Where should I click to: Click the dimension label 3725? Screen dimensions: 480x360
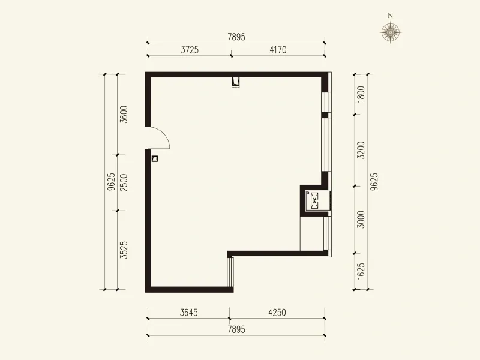coord(190,50)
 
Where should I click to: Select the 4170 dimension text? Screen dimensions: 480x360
coord(278,50)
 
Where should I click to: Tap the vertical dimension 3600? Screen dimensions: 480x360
coord(124,114)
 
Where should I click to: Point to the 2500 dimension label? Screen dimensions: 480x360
coord(124,182)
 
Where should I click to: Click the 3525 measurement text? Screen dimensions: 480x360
coord(124,250)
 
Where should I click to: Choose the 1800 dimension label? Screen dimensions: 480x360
coord(361,94)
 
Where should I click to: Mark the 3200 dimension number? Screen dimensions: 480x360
coord(361,150)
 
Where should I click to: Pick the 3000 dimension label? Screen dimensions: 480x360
coord(361,220)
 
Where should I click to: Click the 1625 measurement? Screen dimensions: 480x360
coord(361,271)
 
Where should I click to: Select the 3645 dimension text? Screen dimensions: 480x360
coord(189,313)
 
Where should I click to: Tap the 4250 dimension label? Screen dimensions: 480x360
coord(277,313)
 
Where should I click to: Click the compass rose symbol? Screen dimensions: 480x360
coord(391,32)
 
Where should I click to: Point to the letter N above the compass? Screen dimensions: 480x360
coord(391,16)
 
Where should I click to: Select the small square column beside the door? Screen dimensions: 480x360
coord(155,158)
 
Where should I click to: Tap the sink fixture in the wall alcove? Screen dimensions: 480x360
coord(314,201)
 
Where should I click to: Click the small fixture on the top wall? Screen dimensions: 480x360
coord(236,82)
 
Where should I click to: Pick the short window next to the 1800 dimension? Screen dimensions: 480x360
coord(326,102)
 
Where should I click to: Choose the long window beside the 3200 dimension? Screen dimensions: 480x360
coord(326,145)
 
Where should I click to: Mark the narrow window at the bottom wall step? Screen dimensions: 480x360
coord(230,272)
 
